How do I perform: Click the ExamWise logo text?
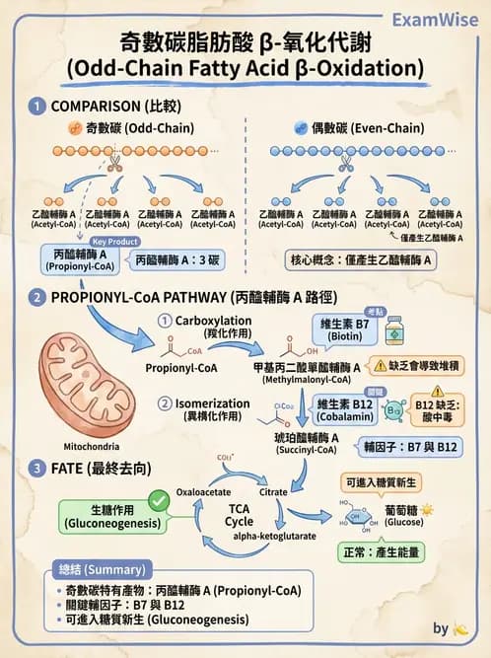pyautogui.click(x=435, y=20)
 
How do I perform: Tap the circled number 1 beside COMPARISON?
pyautogui.click(x=37, y=106)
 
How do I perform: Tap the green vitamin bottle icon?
pyautogui.click(x=395, y=330)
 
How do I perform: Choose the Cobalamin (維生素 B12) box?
pyautogui.click(x=346, y=409)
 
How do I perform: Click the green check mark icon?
pyautogui.click(x=158, y=502)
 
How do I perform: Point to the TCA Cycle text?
pyautogui.click(x=240, y=514)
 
